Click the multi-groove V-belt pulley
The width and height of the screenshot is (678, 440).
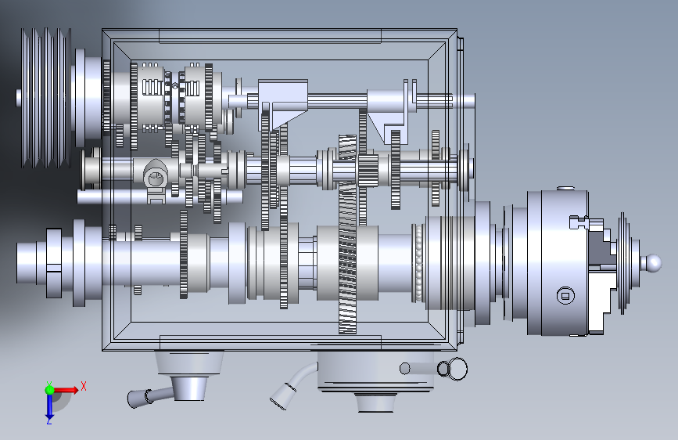[46, 98]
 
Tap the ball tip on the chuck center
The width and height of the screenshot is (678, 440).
[653, 262]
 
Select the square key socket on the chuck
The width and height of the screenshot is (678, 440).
[565, 296]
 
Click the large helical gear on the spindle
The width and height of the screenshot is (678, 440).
[348, 234]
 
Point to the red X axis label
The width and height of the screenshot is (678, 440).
[84, 386]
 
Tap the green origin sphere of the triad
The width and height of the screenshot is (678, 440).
[49, 390]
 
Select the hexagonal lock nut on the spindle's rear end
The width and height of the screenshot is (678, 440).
[54, 263]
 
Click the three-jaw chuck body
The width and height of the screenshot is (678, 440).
[558, 262]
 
